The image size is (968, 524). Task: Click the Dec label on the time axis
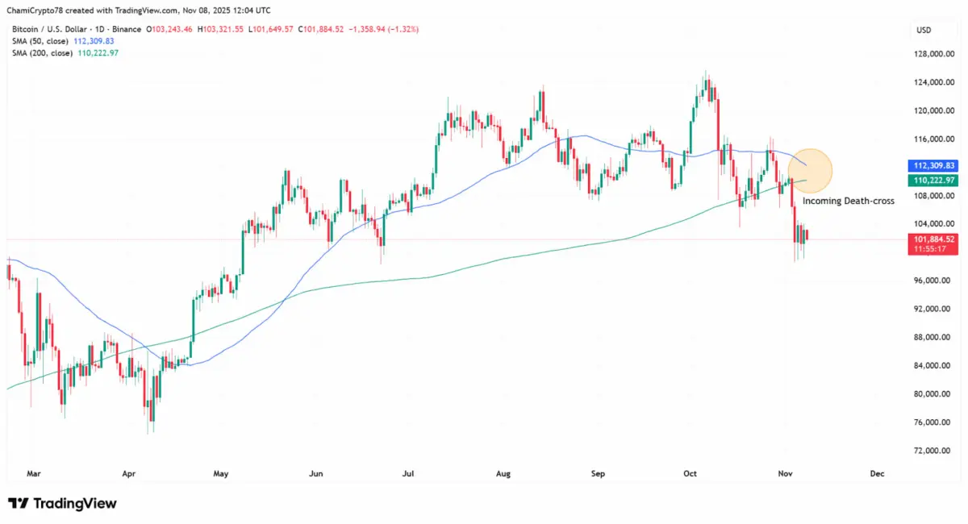[x=878, y=474]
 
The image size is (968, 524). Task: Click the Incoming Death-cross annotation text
[x=848, y=201]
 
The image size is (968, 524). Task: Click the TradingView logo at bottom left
[x=62, y=503]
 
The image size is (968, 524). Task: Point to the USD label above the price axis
[x=924, y=30]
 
